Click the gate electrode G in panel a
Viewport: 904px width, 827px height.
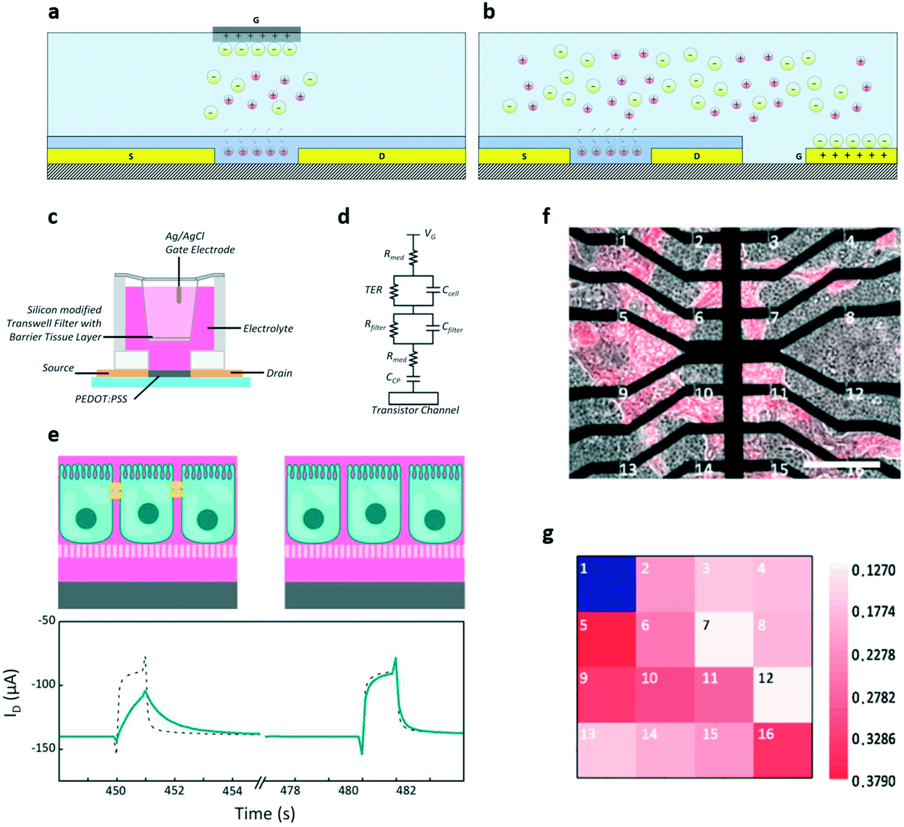click(x=256, y=35)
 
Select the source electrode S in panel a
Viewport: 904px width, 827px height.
click(x=131, y=156)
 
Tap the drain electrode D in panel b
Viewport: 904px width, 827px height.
click(x=696, y=156)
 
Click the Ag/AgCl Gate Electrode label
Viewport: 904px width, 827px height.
click(x=200, y=243)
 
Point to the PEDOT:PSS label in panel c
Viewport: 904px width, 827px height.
click(x=101, y=398)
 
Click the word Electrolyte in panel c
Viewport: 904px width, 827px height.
click(x=268, y=328)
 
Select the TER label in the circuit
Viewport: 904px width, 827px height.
click(x=373, y=290)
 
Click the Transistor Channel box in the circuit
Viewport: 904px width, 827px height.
click(x=413, y=398)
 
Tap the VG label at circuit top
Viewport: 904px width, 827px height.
click(x=430, y=235)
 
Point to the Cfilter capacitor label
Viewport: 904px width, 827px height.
click(x=452, y=328)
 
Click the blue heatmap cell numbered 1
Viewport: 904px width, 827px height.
click(x=606, y=584)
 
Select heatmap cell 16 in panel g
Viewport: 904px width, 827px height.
click(x=783, y=750)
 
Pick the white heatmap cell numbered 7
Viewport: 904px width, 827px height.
click(x=724, y=639)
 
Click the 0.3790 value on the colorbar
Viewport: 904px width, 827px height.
click(x=873, y=781)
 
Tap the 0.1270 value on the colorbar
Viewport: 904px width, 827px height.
click(x=873, y=570)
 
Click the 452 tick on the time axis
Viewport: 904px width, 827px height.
click(x=174, y=790)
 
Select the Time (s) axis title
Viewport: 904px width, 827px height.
click(x=265, y=813)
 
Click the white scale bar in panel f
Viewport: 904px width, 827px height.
click(x=841, y=464)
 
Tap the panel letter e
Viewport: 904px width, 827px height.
click(x=53, y=435)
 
